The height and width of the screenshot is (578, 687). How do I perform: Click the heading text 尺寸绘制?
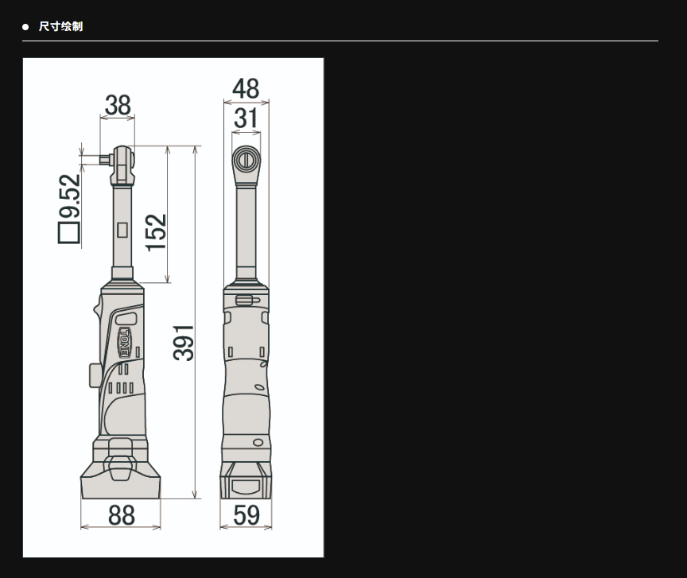tap(60, 26)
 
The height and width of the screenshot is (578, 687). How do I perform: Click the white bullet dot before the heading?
tap(25, 27)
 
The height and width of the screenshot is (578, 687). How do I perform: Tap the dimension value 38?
tap(118, 105)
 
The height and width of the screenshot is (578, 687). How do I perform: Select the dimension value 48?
tap(246, 88)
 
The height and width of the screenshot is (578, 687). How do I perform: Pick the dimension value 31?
tap(246, 118)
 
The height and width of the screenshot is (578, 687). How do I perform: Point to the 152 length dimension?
tap(156, 232)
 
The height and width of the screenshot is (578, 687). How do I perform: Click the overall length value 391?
tap(183, 343)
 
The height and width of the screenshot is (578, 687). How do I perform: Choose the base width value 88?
tap(121, 515)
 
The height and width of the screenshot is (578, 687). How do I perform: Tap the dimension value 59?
tap(246, 515)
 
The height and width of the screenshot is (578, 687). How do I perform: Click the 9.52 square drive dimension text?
tap(70, 196)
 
